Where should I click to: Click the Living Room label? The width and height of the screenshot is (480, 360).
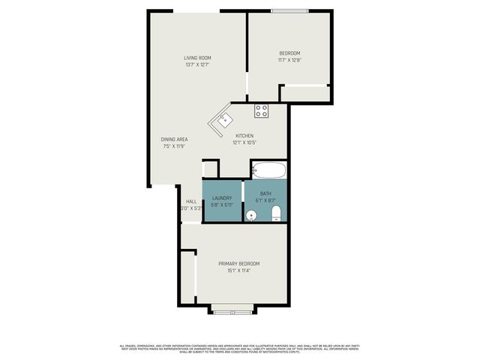(x=197, y=58)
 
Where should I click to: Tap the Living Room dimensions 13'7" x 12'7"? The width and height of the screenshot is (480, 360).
(x=197, y=64)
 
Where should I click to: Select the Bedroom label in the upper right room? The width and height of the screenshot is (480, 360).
(x=289, y=52)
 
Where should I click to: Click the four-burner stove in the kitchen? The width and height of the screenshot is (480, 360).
(x=261, y=111)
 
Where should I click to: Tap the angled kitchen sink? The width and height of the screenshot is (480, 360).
(x=223, y=120)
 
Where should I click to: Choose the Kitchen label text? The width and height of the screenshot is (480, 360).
(x=244, y=136)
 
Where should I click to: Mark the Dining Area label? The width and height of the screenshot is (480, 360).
(x=173, y=139)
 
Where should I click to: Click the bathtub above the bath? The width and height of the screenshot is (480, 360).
(x=268, y=169)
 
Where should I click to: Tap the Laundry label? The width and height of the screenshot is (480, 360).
(x=222, y=198)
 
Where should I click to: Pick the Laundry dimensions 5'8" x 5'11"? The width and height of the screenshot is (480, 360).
(x=222, y=205)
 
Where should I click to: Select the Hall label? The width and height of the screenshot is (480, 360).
(x=191, y=201)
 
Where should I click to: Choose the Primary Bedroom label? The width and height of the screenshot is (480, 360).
(x=238, y=263)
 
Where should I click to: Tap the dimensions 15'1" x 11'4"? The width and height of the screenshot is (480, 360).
(x=238, y=270)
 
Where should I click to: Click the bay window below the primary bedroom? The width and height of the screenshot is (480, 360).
(x=232, y=307)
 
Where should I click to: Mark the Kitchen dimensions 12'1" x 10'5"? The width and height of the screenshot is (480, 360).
(x=244, y=142)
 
